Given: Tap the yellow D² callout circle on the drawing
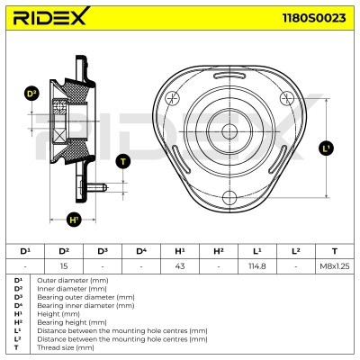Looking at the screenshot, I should (31, 94).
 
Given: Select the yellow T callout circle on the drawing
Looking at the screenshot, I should (123, 161).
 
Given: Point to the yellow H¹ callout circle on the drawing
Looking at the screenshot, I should (75, 218).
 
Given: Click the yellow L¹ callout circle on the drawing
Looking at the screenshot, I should (326, 148).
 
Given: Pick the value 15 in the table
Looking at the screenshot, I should (64, 265).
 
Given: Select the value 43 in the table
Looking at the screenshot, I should (179, 265).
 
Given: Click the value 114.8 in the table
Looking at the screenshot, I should (256, 265).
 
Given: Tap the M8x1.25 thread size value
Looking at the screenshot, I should (334, 265).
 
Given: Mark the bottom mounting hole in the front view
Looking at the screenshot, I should (229, 196).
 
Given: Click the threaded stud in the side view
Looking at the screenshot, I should (102, 186).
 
